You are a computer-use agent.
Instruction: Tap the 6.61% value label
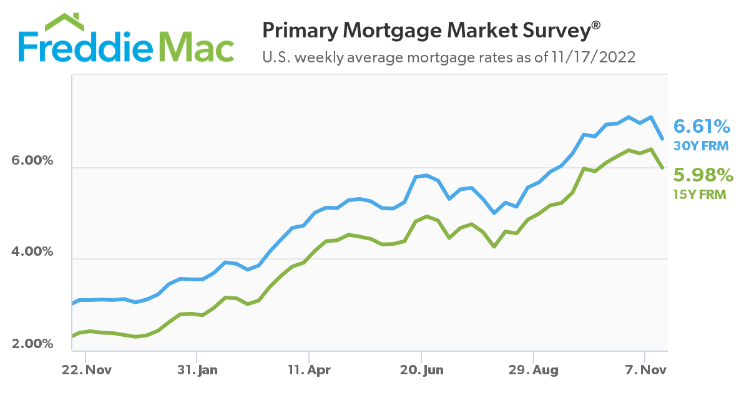pyautogui.click(x=702, y=127)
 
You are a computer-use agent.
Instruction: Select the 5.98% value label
pyautogui.click(x=702, y=175)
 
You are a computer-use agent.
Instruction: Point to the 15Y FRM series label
pyautogui.click(x=700, y=195)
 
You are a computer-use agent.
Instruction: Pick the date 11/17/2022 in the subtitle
pyautogui.click(x=593, y=58)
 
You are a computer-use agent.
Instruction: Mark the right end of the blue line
pyautogui.click(x=662, y=138)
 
